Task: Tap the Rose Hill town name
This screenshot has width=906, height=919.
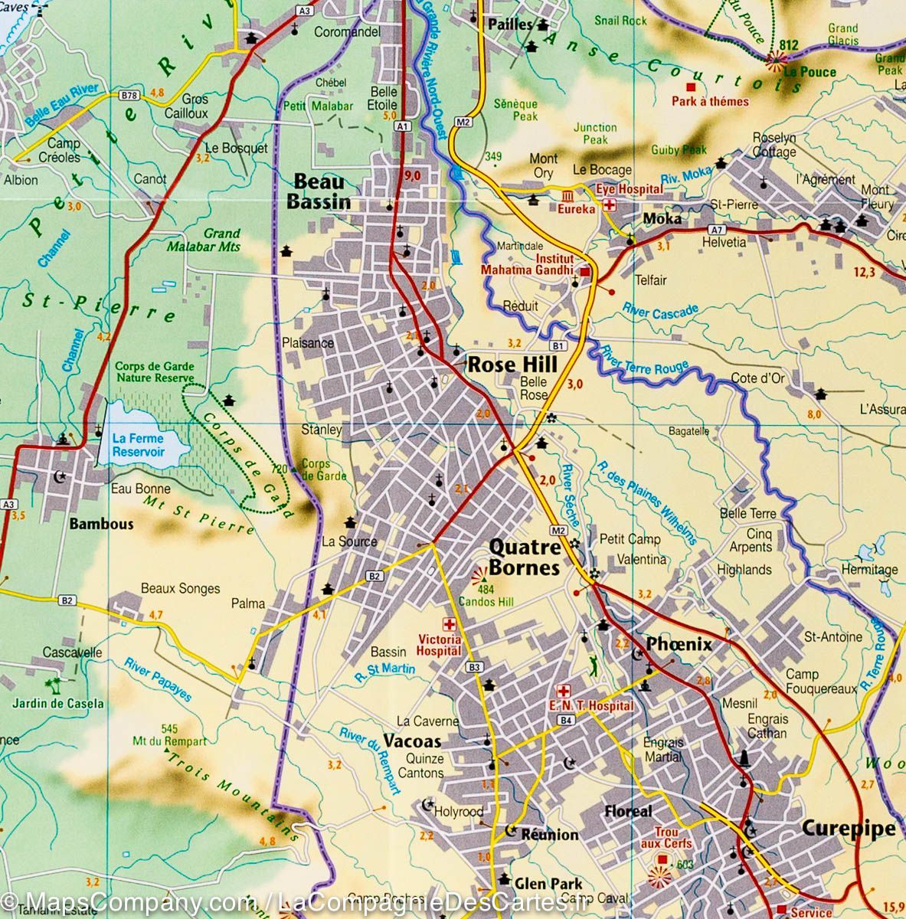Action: [x=512, y=365]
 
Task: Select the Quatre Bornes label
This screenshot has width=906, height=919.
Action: [x=525, y=558]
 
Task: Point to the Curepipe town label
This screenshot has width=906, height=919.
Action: [x=848, y=828]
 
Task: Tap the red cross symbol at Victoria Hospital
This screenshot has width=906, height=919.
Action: [x=449, y=624]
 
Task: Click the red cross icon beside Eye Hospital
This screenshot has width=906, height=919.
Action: [x=610, y=204]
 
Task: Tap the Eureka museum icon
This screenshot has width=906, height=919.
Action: [x=569, y=195]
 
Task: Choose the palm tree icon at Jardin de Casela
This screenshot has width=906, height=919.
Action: [x=54, y=684]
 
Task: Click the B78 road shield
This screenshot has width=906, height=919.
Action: [x=129, y=96]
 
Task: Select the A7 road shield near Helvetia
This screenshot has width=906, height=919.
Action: [x=716, y=229]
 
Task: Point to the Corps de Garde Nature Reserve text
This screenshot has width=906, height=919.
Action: [x=155, y=372]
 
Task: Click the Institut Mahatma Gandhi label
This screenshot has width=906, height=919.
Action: [x=528, y=263]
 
